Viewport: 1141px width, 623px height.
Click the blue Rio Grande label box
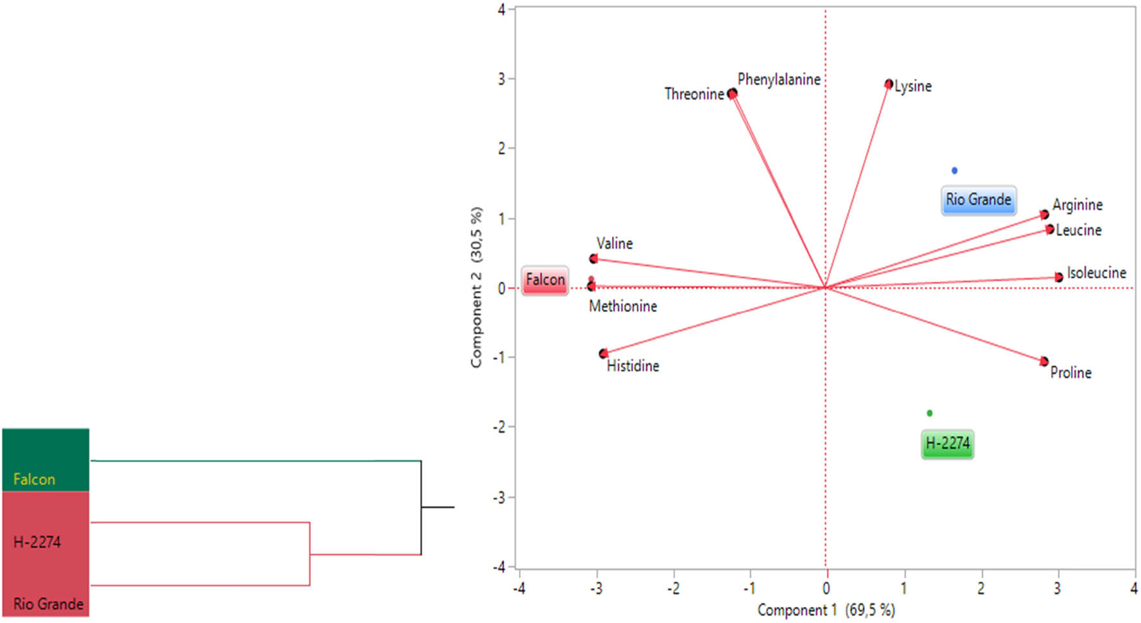pos(978,200)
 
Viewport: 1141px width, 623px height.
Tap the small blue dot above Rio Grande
pos(954,170)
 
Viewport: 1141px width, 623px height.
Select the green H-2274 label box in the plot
pos(947,444)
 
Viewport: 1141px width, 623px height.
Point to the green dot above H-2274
pos(929,413)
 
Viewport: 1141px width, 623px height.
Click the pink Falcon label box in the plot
pos(545,280)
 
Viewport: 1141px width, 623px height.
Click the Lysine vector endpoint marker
pos(889,84)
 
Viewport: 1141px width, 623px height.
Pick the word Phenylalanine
pos(779,80)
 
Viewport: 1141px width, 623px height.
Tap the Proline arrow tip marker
pos(1044,362)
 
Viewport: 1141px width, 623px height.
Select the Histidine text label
pos(632,366)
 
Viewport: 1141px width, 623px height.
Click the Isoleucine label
pos(1096,273)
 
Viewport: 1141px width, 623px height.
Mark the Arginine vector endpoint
pos(1045,215)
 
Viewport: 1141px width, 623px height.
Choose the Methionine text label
pos(623,306)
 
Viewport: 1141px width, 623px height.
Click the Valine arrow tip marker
pos(593,259)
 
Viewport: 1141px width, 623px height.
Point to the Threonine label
pos(694,94)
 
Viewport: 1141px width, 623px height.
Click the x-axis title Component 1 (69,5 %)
pos(826,610)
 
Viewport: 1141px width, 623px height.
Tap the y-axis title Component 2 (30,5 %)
pos(476,287)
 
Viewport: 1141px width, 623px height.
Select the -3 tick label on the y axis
pos(500,497)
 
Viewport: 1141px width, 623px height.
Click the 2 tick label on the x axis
pos(980,588)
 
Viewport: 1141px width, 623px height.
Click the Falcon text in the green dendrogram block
pos(34,479)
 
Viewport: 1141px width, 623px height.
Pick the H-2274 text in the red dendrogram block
pos(37,542)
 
